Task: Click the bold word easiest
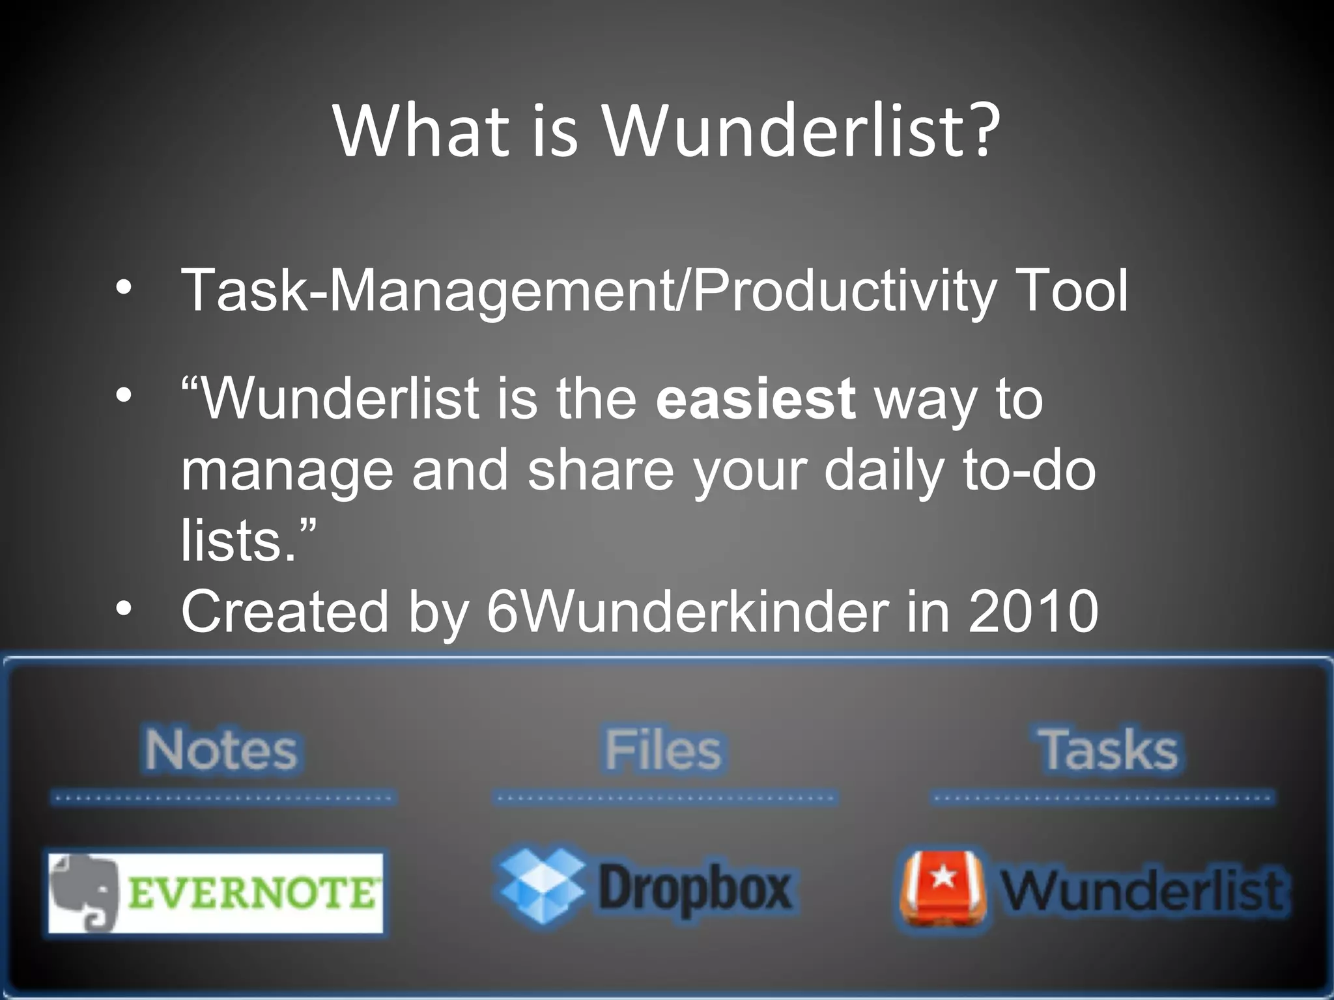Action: pos(756,398)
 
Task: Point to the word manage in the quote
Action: pos(287,472)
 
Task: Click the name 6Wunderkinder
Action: pos(687,611)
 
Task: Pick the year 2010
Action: pos(1034,611)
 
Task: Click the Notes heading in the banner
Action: pos(221,749)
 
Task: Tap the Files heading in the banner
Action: pos(663,749)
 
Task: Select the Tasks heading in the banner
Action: pos(1107,749)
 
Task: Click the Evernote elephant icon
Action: pos(85,892)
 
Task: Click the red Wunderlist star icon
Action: pos(942,888)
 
